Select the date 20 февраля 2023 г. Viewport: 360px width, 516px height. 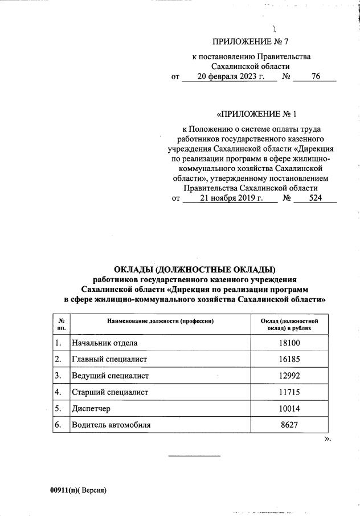click(228, 76)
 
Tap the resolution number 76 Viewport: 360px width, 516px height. click(316, 76)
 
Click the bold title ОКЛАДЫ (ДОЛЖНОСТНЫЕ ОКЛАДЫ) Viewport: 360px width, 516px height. click(195, 269)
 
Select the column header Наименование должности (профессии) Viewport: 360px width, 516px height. click(160, 322)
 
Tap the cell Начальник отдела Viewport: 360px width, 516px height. click(104, 343)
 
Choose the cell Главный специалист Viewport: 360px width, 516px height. click(109, 360)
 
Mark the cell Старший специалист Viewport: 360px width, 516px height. click(109, 393)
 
